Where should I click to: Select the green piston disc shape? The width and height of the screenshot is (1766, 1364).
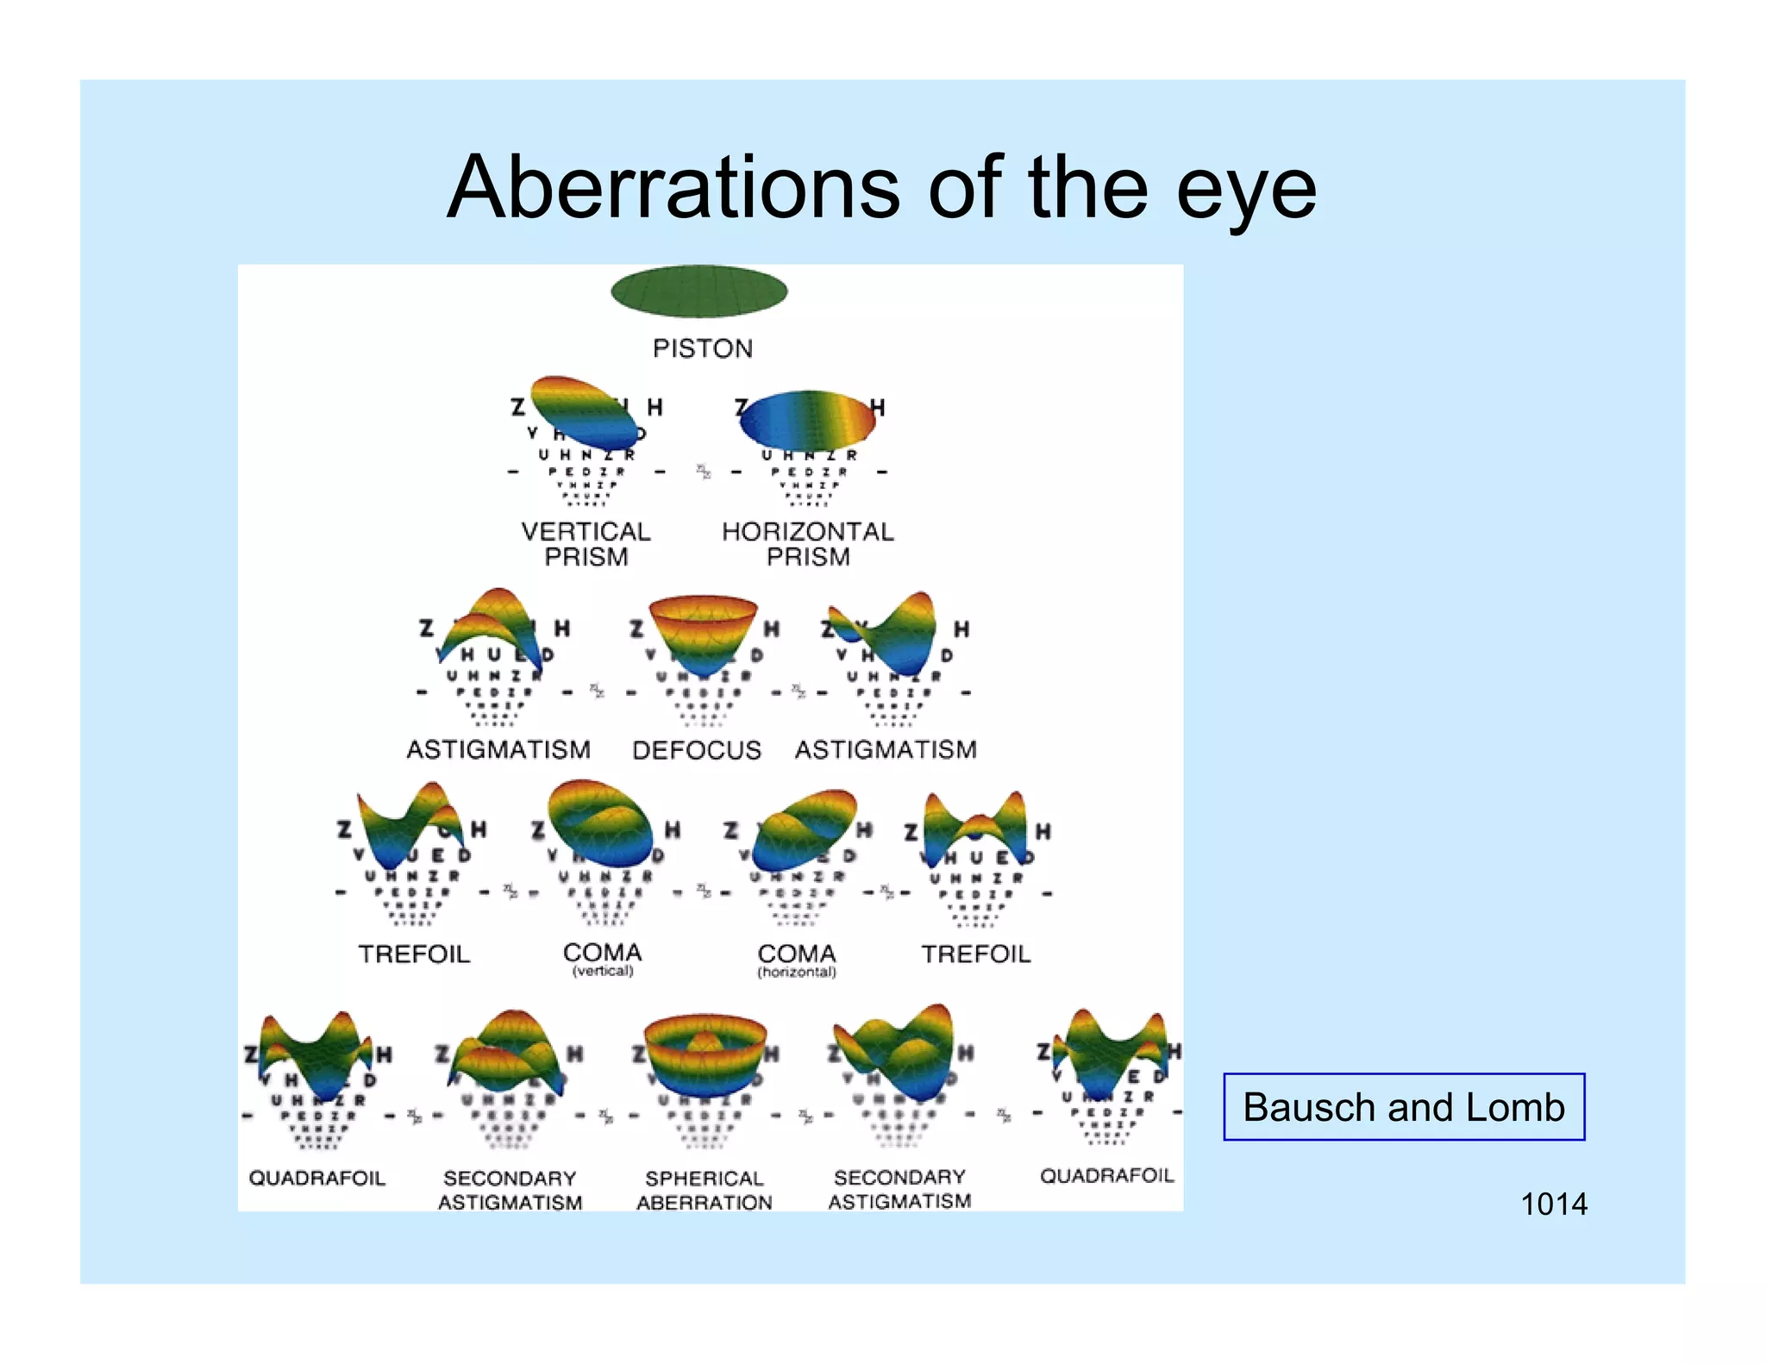point(698,291)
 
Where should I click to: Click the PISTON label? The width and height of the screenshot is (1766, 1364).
point(702,348)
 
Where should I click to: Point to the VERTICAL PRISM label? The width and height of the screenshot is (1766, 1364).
point(586,543)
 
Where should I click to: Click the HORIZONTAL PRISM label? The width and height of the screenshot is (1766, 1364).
point(808,543)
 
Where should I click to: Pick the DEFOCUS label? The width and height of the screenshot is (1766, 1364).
point(696,750)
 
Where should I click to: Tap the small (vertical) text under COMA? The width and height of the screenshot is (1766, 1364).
point(603,972)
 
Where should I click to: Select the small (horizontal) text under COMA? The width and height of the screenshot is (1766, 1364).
point(797,973)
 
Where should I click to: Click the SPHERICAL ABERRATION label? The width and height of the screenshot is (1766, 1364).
point(704,1190)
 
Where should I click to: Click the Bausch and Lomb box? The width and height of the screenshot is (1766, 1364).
point(1403,1107)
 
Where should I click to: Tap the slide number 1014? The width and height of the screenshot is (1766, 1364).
point(1553,1204)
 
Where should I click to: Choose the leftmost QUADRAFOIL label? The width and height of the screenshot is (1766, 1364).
point(316,1178)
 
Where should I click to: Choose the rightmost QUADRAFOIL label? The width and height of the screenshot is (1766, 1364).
point(1106,1176)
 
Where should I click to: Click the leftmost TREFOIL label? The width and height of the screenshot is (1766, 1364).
point(414,954)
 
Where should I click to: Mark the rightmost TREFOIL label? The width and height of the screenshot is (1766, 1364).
point(975,954)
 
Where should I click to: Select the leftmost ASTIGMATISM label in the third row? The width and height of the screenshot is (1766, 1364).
point(498,750)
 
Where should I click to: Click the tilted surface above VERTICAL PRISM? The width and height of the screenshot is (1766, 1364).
point(583,411)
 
